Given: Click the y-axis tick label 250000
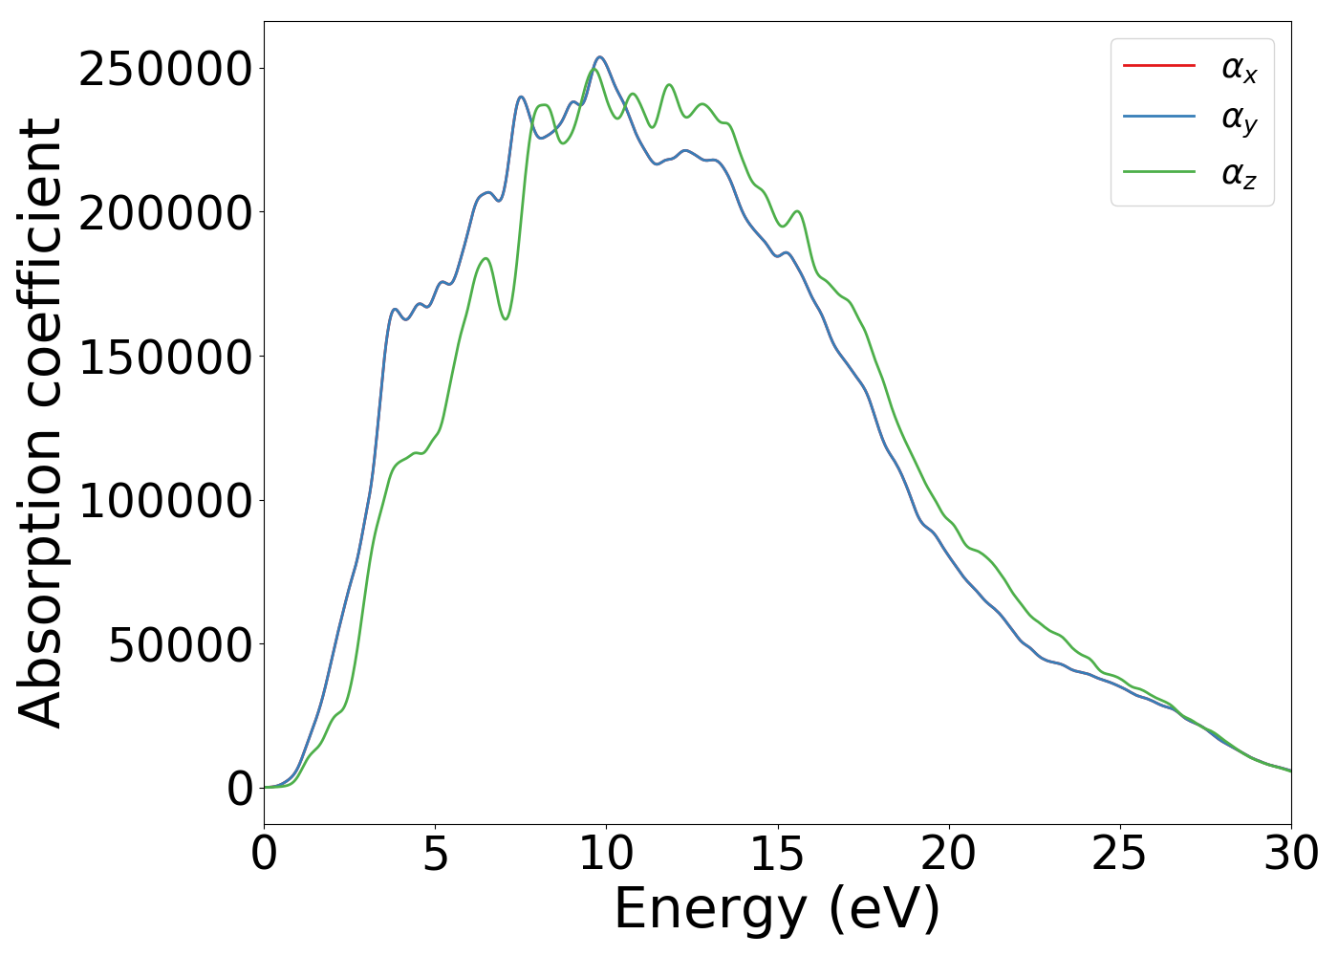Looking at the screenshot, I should tap(165, 70).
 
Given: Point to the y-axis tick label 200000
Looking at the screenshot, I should tap(165, 213).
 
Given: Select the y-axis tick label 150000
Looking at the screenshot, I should tap(165, 358).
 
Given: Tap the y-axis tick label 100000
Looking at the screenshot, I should tap(165, 501).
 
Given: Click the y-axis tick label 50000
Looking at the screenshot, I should tap(180, 645).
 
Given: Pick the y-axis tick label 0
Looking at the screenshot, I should tap(240, 789).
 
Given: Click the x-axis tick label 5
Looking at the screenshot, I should tap(435, 854).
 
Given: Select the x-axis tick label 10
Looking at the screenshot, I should tap(606, 854).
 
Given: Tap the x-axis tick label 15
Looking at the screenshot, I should tap(777, 854).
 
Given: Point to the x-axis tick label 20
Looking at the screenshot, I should tap(948, 854).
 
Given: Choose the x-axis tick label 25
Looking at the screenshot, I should tap(1119, 854).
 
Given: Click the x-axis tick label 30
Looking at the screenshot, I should tap(1290, 854).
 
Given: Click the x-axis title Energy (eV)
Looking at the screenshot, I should tap(777, 908).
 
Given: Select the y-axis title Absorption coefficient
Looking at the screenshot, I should tap(40, 423).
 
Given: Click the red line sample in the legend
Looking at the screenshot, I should tap(1158, 66).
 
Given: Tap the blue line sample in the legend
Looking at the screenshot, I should tap(1158, 117).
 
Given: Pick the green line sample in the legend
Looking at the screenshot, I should tap(1158, 171).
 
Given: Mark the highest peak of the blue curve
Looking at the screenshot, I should tap(600, 57).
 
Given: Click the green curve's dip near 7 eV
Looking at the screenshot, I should tap(506, 319).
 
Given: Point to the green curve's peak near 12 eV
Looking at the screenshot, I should tap(669, 85).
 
